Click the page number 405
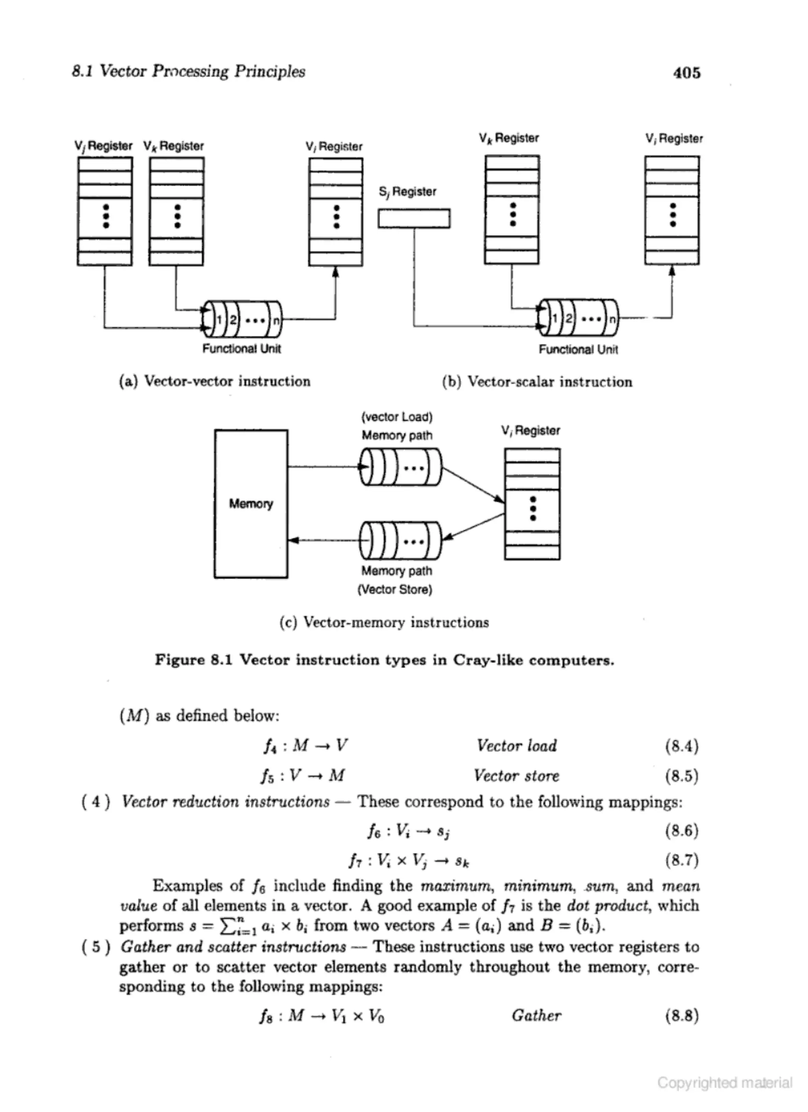click(x=686, y=73)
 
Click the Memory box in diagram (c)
click(x=251, y=504)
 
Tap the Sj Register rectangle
click(x=414, y=219)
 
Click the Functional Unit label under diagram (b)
click(x=578, y=350)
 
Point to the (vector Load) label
click(x=397, y=417)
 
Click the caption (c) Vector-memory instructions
click(x=384, y=622)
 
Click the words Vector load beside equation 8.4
click(x=516, y=746)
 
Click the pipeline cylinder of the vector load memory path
click(x=400, y=467)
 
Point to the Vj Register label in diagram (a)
click(x=103, y=146)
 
